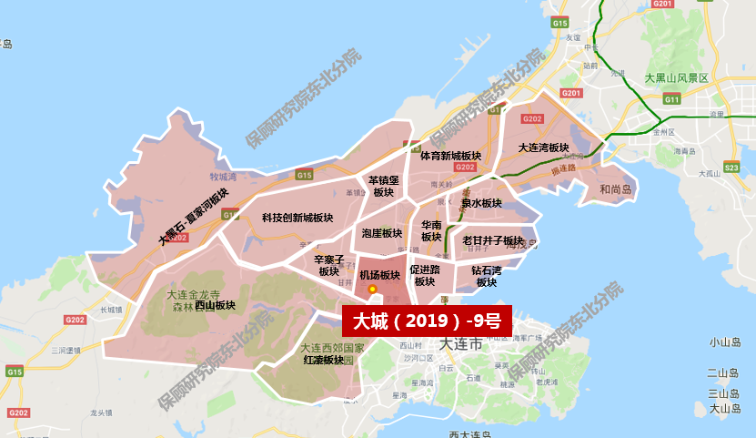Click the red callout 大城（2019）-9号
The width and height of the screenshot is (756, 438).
427,321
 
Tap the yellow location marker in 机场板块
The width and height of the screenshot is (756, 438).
372,289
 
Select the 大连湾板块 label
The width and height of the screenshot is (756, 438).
543,148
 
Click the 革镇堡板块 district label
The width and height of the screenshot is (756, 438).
383,186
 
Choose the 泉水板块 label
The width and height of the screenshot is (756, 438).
481,203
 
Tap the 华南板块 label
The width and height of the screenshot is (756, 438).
431,231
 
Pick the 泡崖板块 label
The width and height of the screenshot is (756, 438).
381,233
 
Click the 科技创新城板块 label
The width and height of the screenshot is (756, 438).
297,219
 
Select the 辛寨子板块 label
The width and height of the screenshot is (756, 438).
329,265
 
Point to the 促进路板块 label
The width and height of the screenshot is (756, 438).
425,276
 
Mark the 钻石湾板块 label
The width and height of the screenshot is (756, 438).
487,276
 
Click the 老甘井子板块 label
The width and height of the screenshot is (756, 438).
493,240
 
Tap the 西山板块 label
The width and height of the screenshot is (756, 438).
215,305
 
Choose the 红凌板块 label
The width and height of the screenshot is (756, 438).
323,360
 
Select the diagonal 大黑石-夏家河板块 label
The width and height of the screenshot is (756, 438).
194,218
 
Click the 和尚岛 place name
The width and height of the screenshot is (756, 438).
615,189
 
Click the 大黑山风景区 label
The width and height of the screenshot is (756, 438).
676,78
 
